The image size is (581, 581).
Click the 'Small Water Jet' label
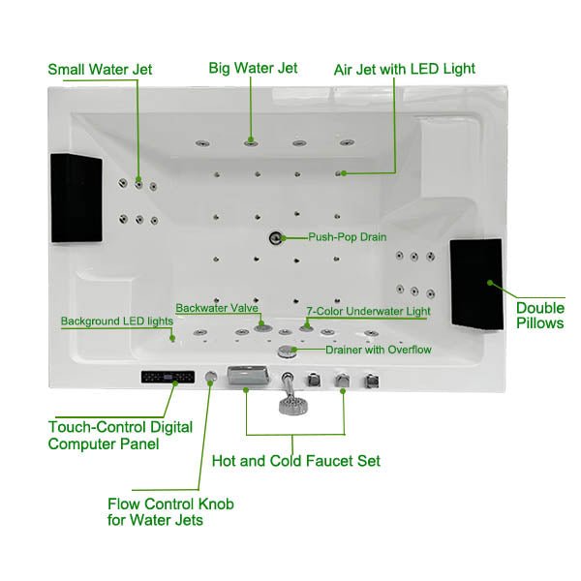pyautogui.click(x=100, y=69)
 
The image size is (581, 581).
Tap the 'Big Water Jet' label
pyautogui.click(x=253, y=68)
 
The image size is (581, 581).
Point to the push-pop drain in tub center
pyautogui.click(x=275, y=236)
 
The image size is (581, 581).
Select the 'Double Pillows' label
pyautogui.click(x=539, y=315)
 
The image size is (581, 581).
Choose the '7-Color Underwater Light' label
pyautogui.click(x=367, y=312)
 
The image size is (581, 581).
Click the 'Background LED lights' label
pyautogui.click(x=116, y=321)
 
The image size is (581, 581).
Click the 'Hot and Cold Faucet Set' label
pyautogui.click(x=295, y=461)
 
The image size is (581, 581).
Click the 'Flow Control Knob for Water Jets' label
pyautogui.click(x=170, y=512)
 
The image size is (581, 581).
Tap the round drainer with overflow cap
pyautogui.click(x=287, y=351)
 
